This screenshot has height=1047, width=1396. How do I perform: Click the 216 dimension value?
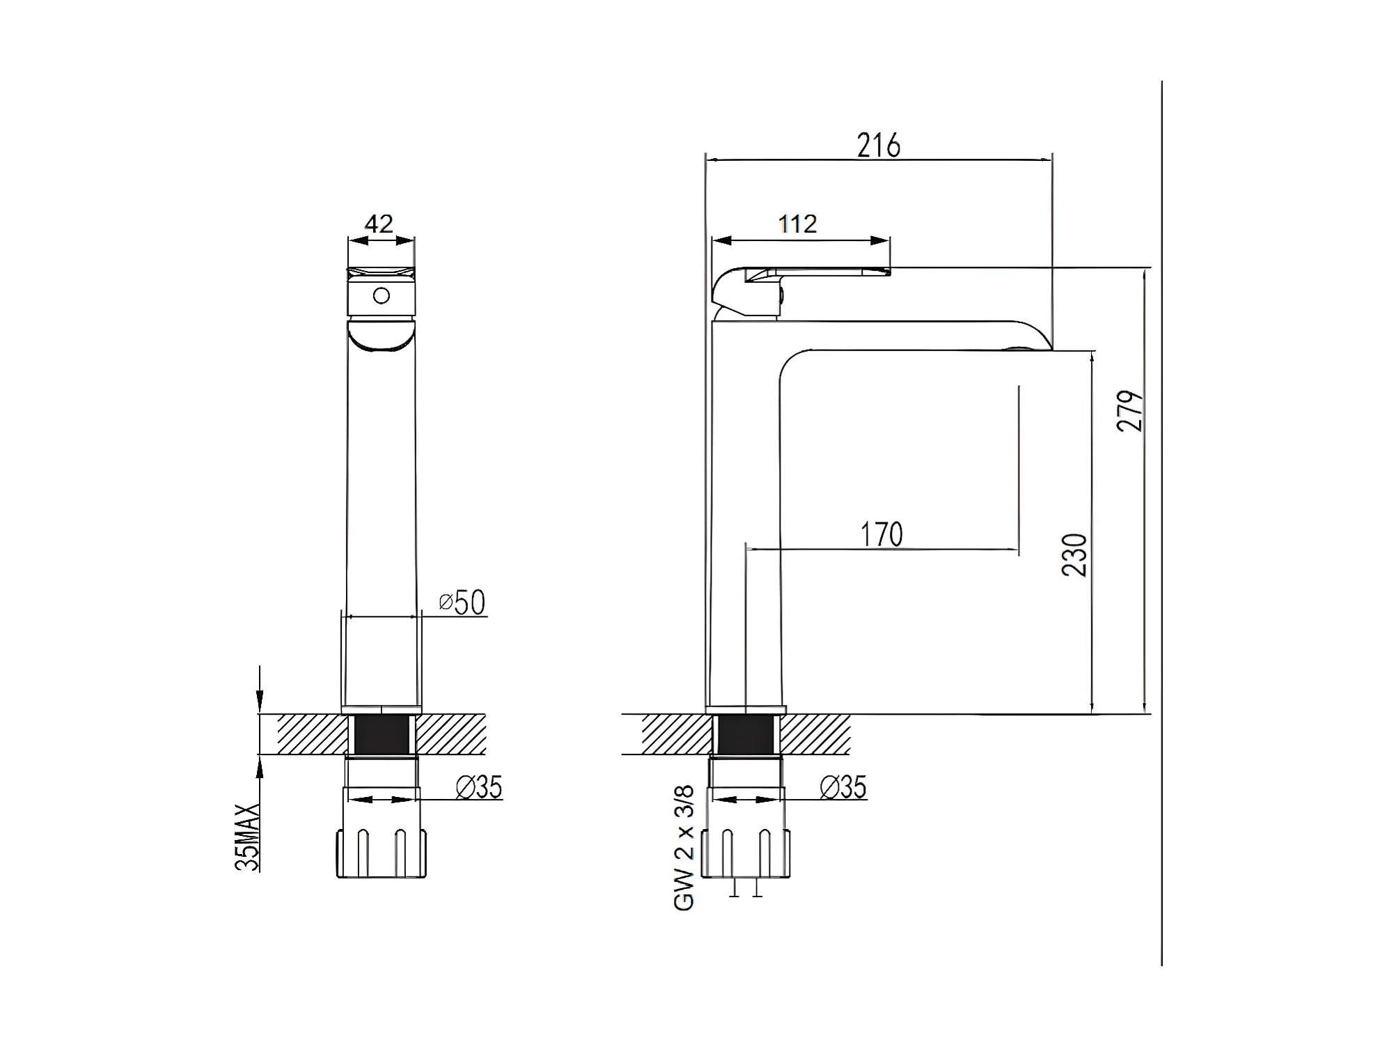click(x=879, y=145)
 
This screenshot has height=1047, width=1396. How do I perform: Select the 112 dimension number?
click(x=797, y=224)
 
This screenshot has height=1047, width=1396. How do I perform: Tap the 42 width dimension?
click(x=379, y=224)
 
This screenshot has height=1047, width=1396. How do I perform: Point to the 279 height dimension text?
click(x=1130, y=411)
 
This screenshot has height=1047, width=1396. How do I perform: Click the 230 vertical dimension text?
click(x=1074, y=554)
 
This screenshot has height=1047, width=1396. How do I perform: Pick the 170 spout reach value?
click(x=881, y=534)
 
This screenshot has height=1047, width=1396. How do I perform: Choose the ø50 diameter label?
click(x=462, y=603)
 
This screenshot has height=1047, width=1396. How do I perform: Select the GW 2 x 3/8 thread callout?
click(x=684, y=848)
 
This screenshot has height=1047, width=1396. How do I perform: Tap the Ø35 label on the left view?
click(x=479, y=787)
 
